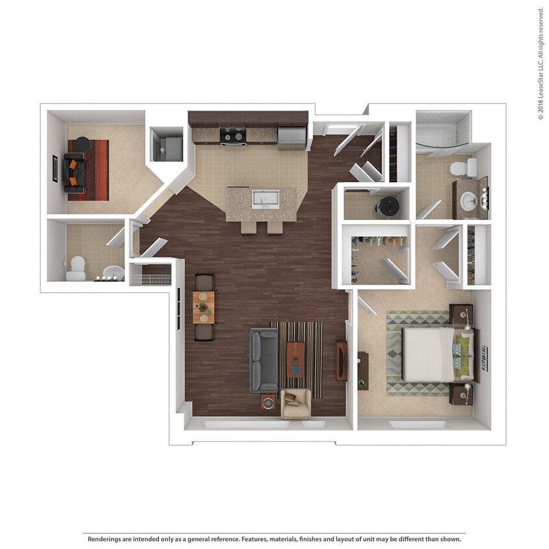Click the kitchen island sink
265,198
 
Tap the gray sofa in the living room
263,359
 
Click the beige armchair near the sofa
296,403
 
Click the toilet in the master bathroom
463,168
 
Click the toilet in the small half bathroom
76,268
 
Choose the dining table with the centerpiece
204,307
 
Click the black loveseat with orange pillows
74,172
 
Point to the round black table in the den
82,144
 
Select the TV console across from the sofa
341,360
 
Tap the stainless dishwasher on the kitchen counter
291,136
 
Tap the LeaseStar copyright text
541,64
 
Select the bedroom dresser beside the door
362,371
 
